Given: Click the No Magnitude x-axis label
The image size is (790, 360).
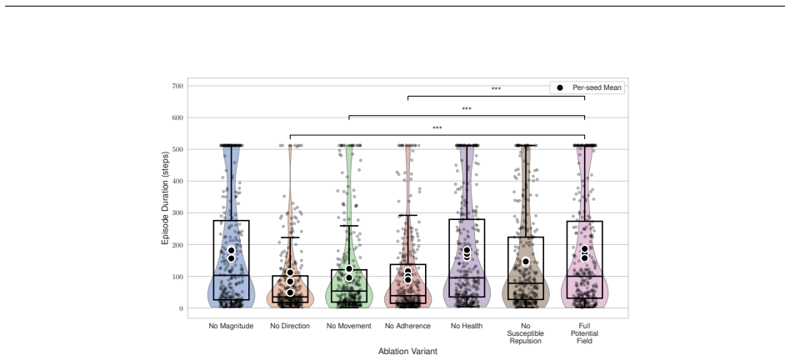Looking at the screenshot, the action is coord(231,327).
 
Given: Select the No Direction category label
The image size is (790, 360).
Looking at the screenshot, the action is coord(290,327).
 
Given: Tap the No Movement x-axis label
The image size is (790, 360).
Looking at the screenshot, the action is coord(348,327).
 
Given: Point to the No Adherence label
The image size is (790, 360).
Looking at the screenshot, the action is coord(407,327).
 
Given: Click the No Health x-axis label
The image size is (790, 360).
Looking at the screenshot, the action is coord(467,327).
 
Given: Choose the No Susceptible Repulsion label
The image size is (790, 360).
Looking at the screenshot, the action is coord(526,333).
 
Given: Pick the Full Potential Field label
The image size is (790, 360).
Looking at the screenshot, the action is coord(584,333).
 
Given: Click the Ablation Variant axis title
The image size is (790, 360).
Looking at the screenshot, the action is coord(407,352).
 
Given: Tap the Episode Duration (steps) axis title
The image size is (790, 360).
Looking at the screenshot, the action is coord(165,197).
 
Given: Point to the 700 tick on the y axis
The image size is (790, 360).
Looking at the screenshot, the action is coord(177,86).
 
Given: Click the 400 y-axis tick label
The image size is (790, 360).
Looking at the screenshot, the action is coord(177,182).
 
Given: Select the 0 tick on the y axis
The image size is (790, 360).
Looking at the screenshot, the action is coord(181,308).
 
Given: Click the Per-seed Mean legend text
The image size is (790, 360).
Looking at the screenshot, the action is coord(597,87).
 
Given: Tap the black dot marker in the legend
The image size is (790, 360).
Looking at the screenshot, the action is coord(560,87).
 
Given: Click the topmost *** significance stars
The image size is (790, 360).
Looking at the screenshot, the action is coord(497,89).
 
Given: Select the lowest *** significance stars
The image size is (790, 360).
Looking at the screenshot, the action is coord(437,127).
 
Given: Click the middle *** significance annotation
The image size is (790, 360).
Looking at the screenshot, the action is coord(467,109).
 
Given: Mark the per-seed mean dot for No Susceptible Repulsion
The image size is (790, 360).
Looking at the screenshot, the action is coord(526,262).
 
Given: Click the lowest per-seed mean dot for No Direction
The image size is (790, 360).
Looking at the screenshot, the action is coord(290,292).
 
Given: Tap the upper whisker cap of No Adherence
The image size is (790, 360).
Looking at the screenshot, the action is coord(407,216).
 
